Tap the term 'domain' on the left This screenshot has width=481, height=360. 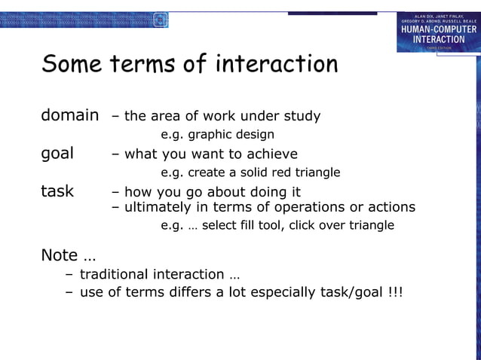pos(69,116)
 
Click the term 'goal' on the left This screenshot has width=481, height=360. pos(57,154)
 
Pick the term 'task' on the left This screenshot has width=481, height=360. pos(57,191)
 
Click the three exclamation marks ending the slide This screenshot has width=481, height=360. pos(395,292)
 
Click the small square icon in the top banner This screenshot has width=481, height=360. pos(160,20)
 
